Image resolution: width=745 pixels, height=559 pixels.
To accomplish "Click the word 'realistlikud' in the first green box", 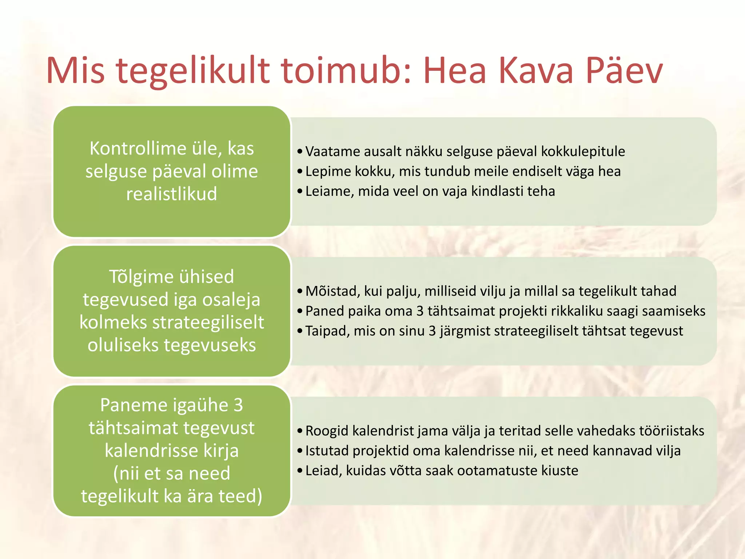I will [x=172, y=194].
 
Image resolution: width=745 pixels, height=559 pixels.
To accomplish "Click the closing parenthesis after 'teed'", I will [x=259, y=496].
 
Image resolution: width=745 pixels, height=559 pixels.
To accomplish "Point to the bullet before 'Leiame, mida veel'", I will [x=300, y=191].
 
